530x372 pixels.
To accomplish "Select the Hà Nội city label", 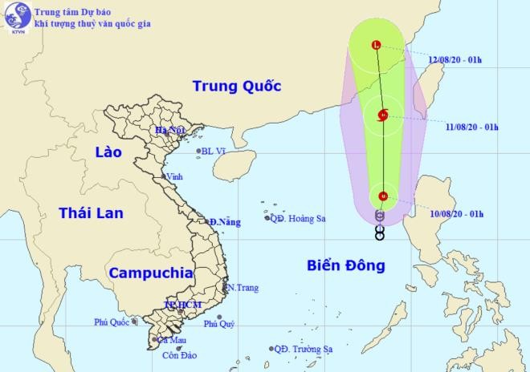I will [x=170, y=130].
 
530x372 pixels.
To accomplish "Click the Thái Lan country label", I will [x=90, y=212].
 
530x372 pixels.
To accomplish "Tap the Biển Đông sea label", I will [x=346, y=265].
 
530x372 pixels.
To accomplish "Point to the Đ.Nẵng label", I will [x=224, y=222].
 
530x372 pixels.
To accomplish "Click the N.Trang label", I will [x=243, y=287].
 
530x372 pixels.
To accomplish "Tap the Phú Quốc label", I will [x=111, y=322].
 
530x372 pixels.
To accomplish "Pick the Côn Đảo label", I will [x=179, y=354].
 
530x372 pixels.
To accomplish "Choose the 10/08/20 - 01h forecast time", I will [x=455, y=213].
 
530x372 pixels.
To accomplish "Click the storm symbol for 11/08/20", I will [x=383, y=115].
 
